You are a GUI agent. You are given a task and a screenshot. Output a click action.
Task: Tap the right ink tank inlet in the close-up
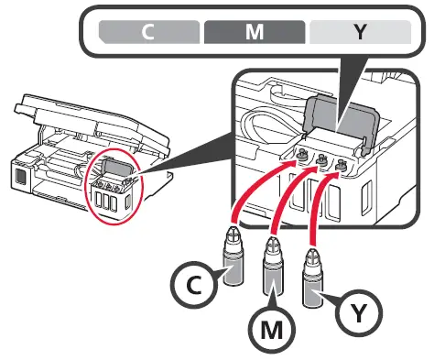click(342, 166)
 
